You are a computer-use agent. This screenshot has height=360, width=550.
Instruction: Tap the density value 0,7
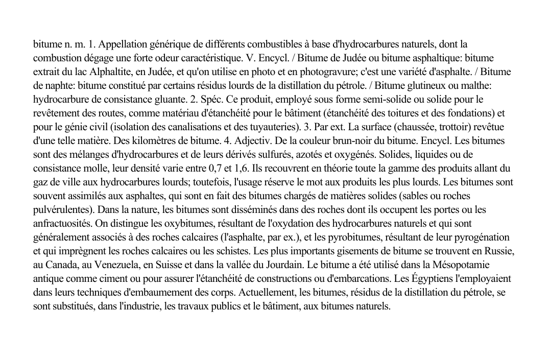coord(218,168)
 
